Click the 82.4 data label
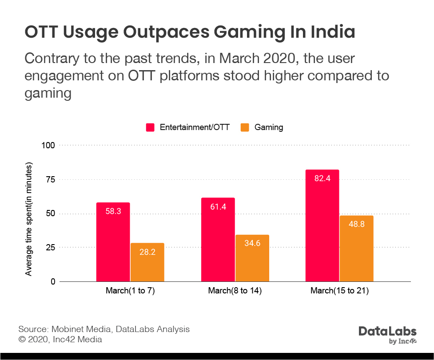coord(322,178)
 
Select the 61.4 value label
coord(218,206)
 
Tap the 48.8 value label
coord(356,224)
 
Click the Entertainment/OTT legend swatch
coord(150,127)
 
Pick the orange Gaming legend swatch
coord(245,127)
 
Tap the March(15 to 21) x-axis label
coord(340,291)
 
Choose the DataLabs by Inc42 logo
coord(387,335)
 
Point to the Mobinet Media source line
coord(104,329)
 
